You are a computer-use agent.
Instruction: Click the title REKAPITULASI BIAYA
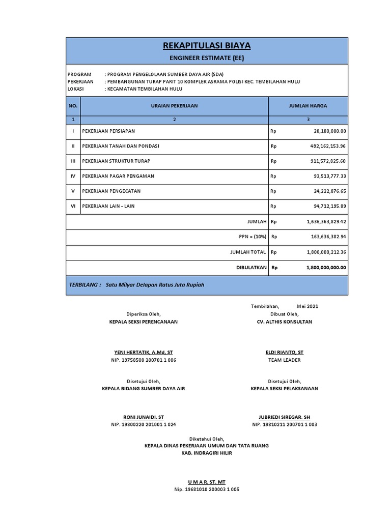(x=207, y=46)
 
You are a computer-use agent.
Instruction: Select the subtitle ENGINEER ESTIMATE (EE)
(x=207, y=58)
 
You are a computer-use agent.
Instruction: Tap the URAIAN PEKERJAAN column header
(x=174, y=106)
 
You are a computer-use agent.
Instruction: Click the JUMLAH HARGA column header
(x=308, y=106)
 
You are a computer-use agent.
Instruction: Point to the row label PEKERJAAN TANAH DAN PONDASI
(x=121, y=146)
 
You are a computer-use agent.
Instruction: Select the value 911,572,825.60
(x=326, y=161)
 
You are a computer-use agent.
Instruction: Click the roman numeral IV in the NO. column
(x=73, y=176)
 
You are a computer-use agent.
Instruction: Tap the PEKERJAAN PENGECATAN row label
(x=111, y=191)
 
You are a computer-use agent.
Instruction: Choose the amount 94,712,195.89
(x=327, y=206)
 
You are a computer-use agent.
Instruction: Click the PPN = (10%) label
(x=253, y=237)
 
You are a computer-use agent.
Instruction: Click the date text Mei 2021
(x=308, y=306)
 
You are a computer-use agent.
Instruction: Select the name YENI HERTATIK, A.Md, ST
(x=143, y=352)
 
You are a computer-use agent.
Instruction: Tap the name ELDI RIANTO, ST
(x=285, y=352)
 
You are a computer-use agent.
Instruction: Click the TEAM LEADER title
(x=285, y=360)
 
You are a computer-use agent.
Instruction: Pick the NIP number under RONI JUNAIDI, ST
(x=144, y=424)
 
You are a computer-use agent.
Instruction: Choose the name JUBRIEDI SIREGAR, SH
(x=285, y=417)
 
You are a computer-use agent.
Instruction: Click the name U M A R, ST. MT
(x=206, y=481)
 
